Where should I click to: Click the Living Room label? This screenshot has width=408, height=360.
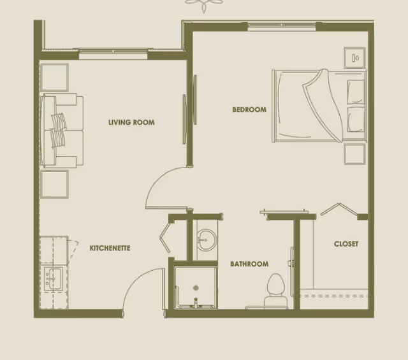tap(131, 122)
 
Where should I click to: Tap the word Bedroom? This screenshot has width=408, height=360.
tap(249, 110)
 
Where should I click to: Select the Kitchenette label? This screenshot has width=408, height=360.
tap(110, 248)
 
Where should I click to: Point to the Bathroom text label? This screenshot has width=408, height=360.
tap(249, 264)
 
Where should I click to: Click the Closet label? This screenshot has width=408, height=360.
tap(346, 243)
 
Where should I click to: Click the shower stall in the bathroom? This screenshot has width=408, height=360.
tap(196, 288)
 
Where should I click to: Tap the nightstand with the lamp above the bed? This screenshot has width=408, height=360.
tap(354, 58)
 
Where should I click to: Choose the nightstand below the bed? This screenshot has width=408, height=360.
tap(354, 154)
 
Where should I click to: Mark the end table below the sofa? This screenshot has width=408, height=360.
tap(54, 184)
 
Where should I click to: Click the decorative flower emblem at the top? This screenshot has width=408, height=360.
tap(205, 5)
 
